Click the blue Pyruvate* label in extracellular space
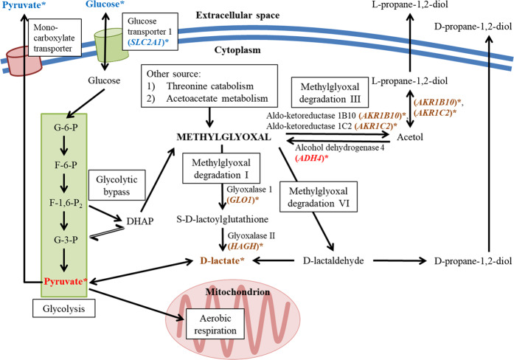point(24,5)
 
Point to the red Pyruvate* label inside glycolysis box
point(64,282)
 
